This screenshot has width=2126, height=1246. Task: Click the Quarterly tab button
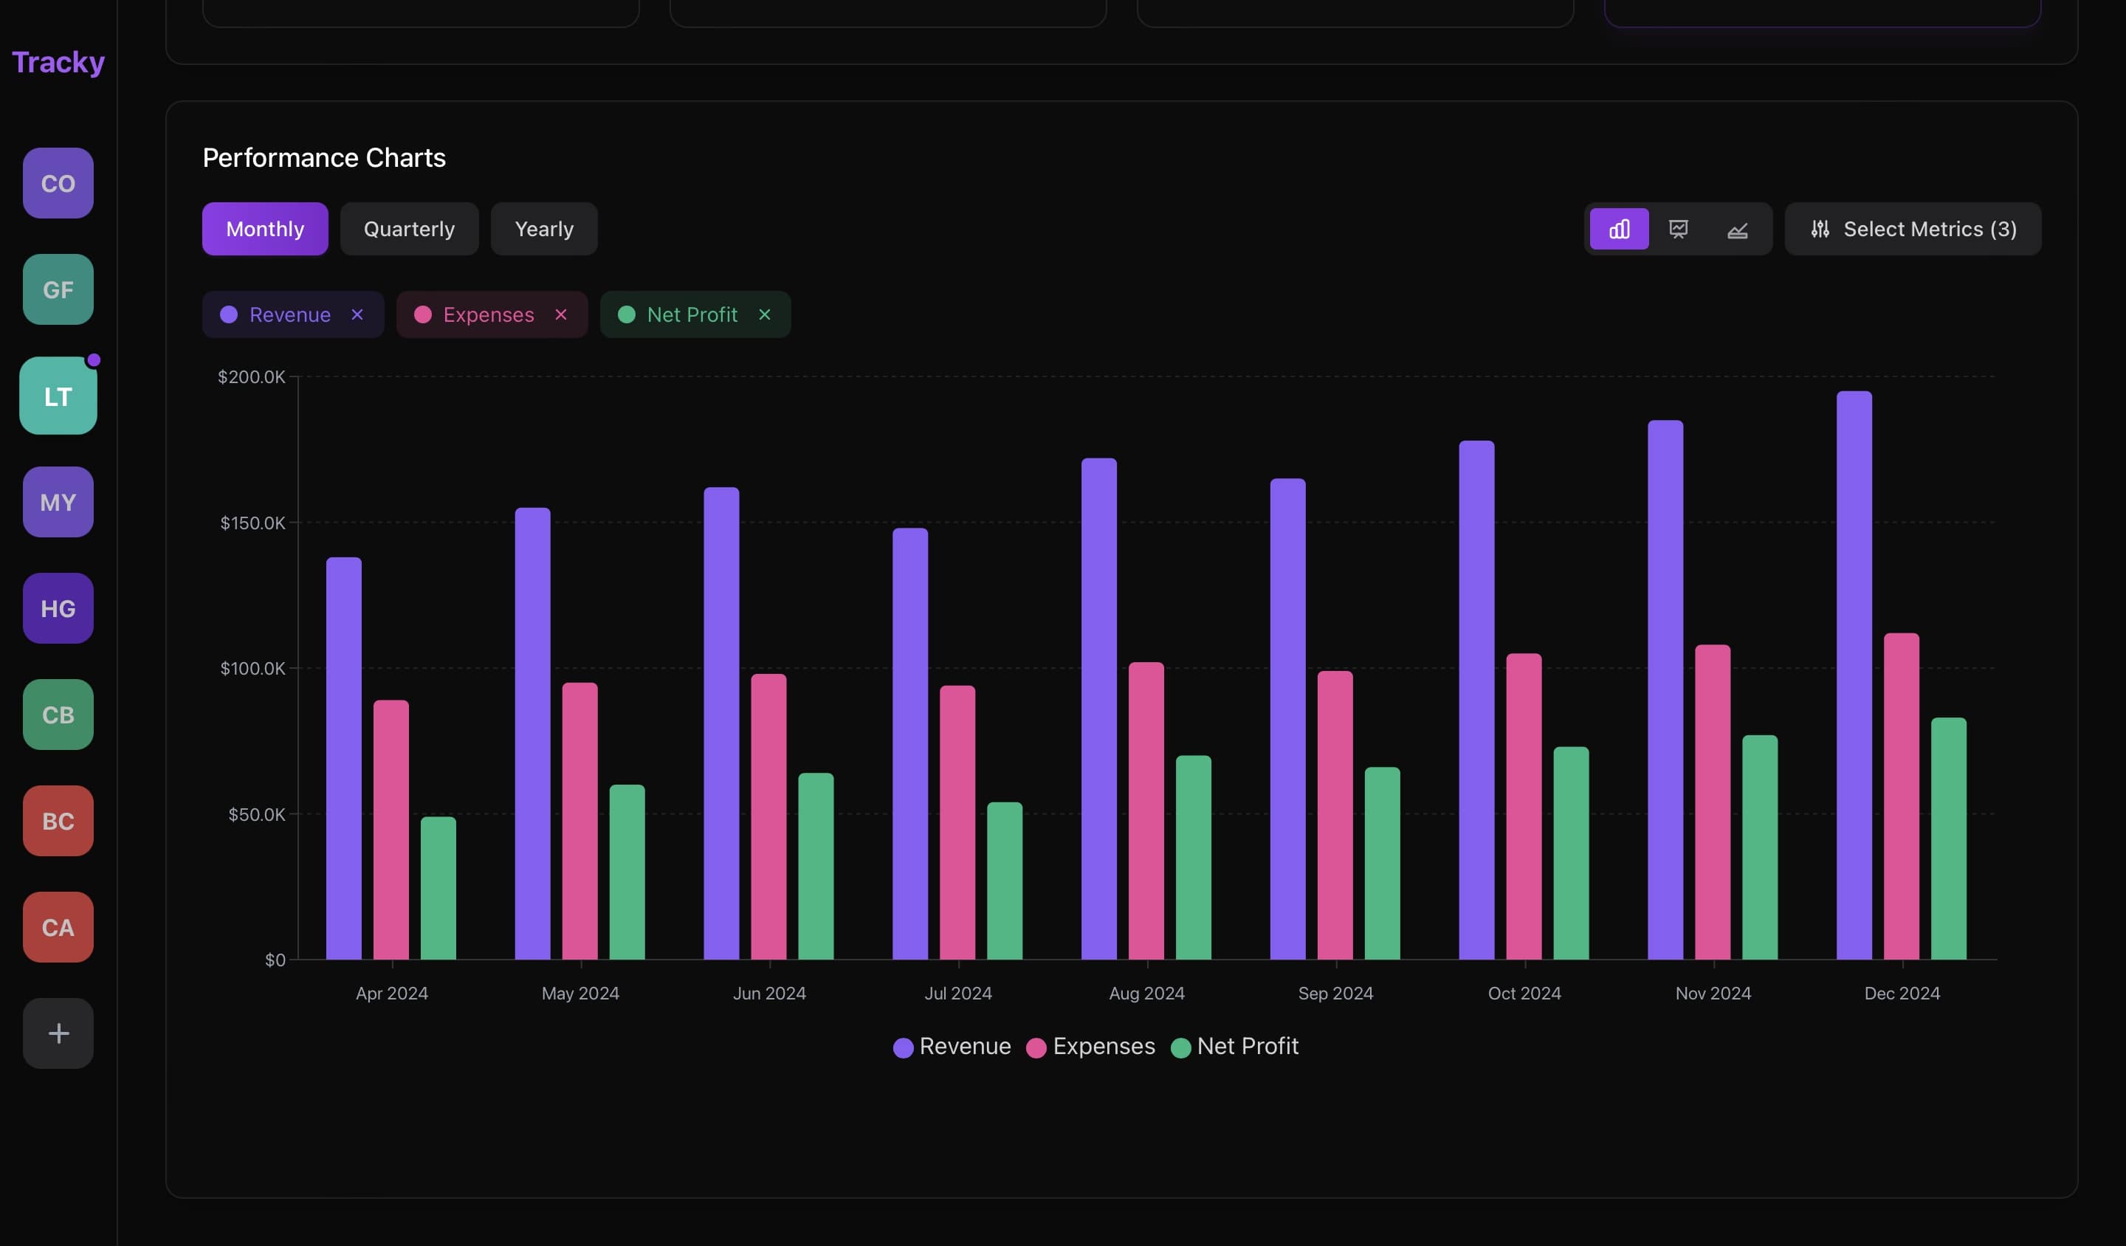click(x=409, y=229)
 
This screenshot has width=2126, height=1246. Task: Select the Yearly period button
click(x=544, y=229)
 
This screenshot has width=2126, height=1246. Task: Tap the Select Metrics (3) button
click(x=1913, y=229)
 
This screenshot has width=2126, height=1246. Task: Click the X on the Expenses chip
click(x=561, y=314)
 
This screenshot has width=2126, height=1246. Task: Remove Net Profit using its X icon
click(x=764, y=314)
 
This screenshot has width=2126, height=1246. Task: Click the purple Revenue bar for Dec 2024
click(x=1854, y=675)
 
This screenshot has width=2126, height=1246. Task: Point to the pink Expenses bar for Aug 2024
click(x=1146, y=810)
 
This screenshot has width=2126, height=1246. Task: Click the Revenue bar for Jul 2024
click(x=909, y=743)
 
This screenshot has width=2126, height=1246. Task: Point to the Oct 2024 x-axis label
click(x=1524, y=993)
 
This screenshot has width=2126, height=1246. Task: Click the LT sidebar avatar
click(x=58, y=396)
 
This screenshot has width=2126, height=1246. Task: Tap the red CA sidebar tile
click(x=58, y=927)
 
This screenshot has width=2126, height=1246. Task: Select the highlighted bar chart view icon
click(x=1618, y=229)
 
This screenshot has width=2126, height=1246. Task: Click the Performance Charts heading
click(x=324, y=158)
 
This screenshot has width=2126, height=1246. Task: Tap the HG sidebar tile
click(x=58, y=608)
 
